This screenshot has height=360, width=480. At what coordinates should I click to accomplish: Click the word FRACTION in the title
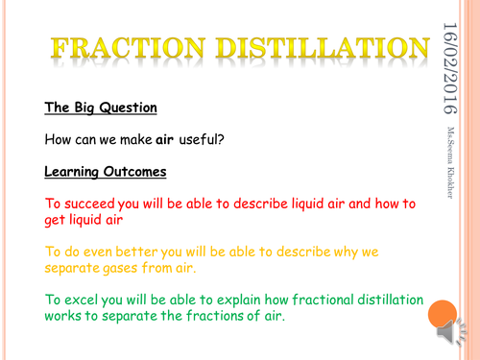point(122,47)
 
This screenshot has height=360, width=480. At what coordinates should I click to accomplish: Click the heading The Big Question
point(101,108)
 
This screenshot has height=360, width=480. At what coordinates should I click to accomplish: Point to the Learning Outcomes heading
point(106,173)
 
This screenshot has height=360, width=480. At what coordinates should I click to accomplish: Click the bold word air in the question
point(181,140)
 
